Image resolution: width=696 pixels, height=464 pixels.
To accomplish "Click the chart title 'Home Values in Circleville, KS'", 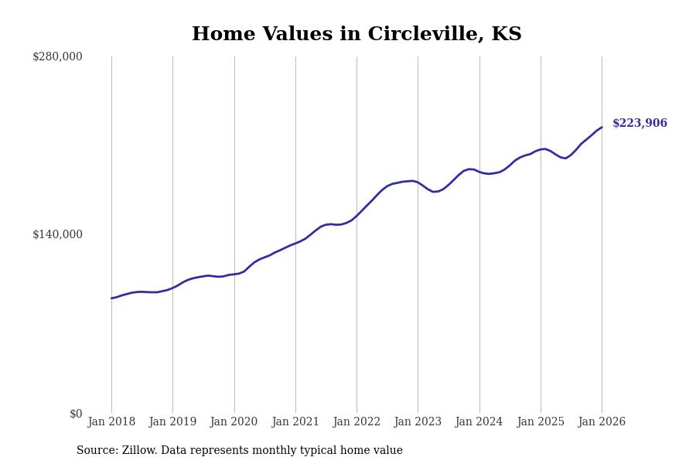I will (x=357, y=35).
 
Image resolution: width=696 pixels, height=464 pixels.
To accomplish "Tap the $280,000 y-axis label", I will (x=57, y=56).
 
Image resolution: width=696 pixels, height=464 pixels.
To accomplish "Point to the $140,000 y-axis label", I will (x=57, y=234).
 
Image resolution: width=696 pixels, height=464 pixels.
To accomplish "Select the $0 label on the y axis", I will (x=76, y=414).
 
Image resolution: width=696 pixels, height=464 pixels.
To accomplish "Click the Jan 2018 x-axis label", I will (x=111, y=421).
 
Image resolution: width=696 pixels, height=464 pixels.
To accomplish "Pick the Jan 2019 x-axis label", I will (x=172, y=421).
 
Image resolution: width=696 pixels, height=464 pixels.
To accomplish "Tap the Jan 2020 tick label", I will (x=234, y=421).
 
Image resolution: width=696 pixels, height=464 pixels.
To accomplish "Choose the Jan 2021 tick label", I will (x=295, y=421).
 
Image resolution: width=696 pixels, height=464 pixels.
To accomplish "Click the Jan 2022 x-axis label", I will (x=357, y=421).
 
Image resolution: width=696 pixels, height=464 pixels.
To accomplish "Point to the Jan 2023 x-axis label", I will (x=418, y=421).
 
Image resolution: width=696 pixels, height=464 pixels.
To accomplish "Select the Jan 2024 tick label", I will (x=479, y=421).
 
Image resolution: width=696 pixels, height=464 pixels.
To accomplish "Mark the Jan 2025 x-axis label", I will (x=541, y=421).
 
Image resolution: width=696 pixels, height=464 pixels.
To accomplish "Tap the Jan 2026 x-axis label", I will (x=602, y=421).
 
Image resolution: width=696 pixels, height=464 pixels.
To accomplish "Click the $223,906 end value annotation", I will (x=640, y=123).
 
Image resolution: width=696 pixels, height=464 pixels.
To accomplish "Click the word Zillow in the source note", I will (x=138, y=451).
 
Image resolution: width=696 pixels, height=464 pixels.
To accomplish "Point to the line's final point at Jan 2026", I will (x=602, y=128).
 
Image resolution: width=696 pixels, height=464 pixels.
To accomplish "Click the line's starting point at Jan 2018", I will (x=111, y=298).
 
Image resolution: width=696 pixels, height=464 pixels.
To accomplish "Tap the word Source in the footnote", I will (x=96, y=451).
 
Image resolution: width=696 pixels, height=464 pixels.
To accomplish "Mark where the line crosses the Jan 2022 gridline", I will (x=357, y=215).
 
